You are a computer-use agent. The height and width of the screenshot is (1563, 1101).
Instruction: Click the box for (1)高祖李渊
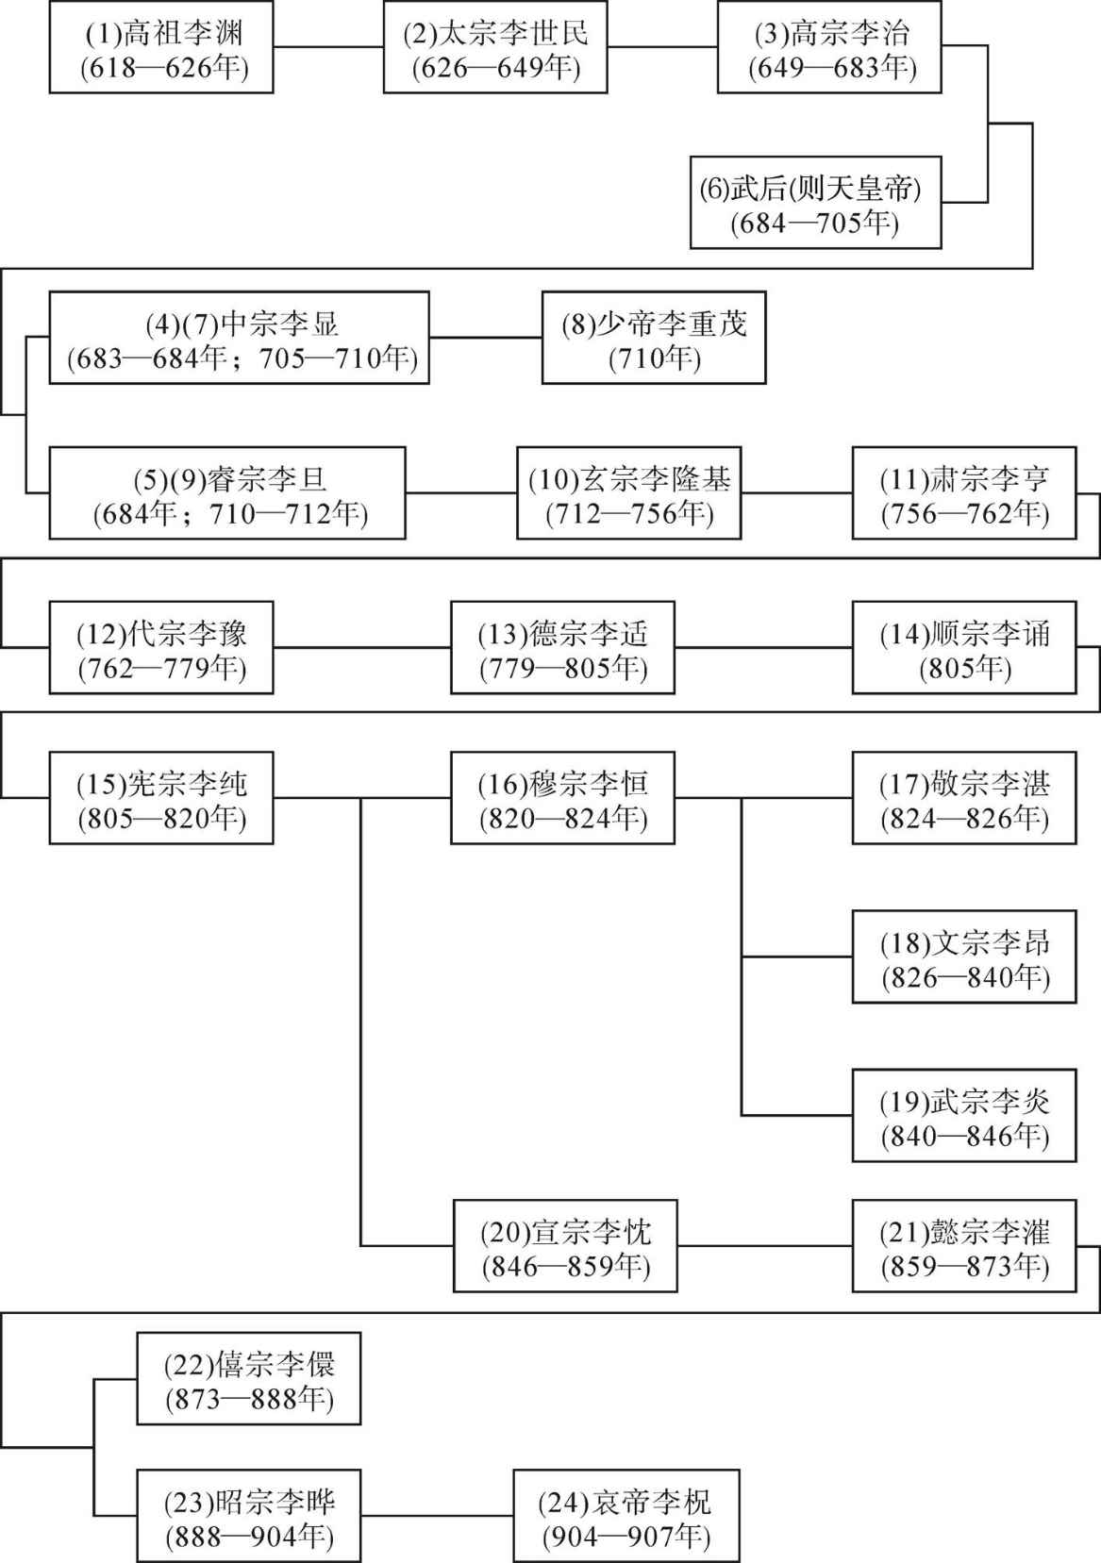click(161, 47)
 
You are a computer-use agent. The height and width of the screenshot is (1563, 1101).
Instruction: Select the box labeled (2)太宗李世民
click(495, 47)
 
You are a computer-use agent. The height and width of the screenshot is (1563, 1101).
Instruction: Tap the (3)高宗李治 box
click(829, 47)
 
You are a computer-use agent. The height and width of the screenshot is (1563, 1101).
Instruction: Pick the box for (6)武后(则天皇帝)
click(816, 203)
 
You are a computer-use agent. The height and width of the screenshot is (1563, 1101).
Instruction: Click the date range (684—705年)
click(814, 223)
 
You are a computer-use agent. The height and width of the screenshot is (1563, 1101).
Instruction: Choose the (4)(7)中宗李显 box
click(240, 338)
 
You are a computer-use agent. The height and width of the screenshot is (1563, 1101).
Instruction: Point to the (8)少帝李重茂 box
click(654, 338)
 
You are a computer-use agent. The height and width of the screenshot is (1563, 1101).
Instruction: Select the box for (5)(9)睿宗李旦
click(227, 493)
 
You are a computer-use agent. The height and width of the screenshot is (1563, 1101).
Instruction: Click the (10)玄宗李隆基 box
click(628, 493)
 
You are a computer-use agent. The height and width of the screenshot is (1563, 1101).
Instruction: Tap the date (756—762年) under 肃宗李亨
click(965, 513)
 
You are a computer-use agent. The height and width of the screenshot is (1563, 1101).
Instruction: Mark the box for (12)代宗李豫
click(161, 647)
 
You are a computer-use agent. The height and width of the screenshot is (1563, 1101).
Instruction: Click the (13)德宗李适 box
click(563, 647)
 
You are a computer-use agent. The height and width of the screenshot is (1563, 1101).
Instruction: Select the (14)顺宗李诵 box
click(964, 647)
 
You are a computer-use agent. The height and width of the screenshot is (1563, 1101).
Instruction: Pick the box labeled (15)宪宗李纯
click(161, 798)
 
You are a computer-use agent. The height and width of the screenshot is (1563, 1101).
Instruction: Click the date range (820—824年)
click(563, 818)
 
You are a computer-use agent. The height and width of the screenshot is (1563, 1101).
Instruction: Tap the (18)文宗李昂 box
click(964, 956)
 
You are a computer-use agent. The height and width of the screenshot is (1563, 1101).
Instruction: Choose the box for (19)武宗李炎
click(964, 1115)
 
